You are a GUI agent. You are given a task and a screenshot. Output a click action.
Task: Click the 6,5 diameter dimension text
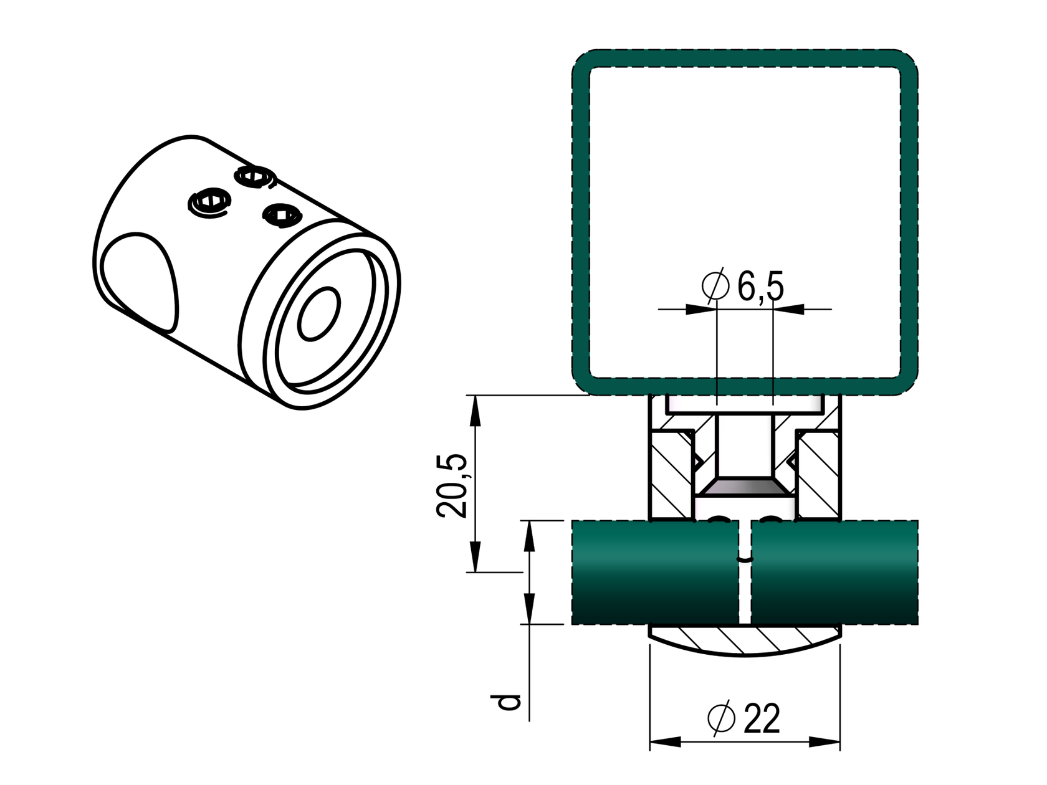click(x=760, y=287)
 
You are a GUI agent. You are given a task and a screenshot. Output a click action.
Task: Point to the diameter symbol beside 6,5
click(x=715, y=286)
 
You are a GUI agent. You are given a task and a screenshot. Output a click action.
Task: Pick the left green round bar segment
click(x=654, y=571)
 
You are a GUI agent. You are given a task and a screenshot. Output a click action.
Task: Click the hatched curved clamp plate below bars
click(x=745, y=642)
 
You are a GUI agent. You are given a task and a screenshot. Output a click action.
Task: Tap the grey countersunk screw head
click(x=745, y=486)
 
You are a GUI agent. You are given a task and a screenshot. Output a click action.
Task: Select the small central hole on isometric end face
click(x=319, y=313)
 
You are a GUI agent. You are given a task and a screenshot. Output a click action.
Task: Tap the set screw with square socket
click(x=282, y=215)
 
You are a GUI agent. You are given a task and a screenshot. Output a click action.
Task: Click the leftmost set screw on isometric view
click(x=209, y=202)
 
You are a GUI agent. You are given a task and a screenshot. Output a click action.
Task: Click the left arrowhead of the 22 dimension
click(x=664, y=741)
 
